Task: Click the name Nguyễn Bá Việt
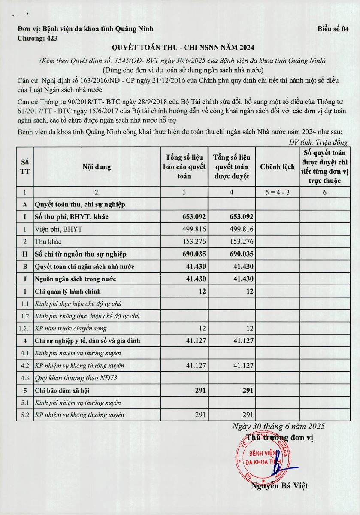point(279,486)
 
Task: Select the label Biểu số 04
point(333,29)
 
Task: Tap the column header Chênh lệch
point(277,167)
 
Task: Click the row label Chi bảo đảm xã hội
point(62,391)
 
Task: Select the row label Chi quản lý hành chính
point(68,291)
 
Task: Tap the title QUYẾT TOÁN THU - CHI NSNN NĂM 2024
point(180,48)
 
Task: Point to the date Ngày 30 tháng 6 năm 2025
point(278,426)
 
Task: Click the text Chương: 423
point(38,38)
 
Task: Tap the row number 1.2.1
point(25,329)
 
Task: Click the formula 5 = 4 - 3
point(277,192)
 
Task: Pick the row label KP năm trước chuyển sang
point(71,329)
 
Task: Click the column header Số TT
point(25,167)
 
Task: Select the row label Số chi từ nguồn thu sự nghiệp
point(81,254)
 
